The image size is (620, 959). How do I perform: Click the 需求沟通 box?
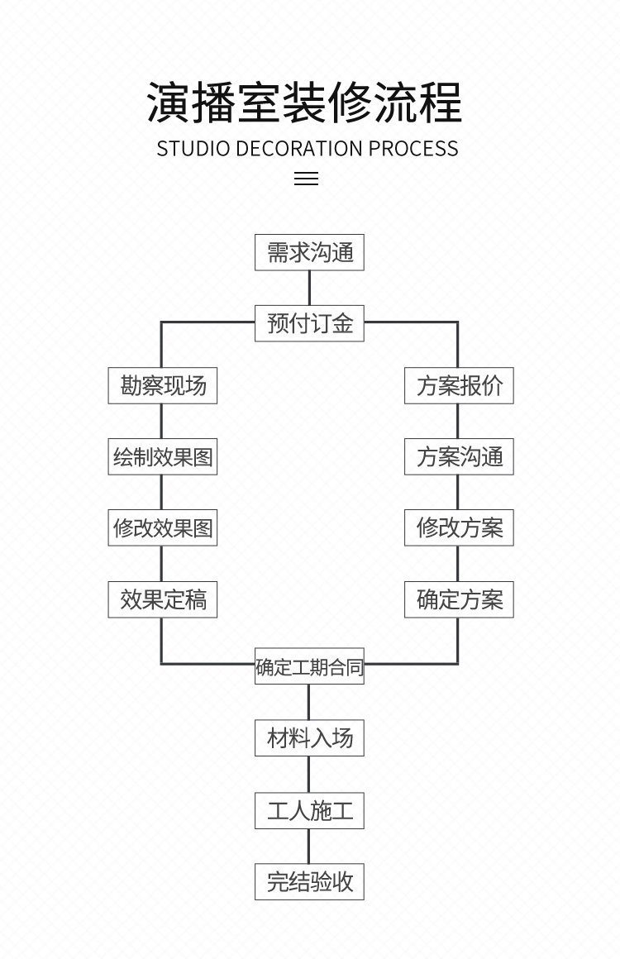point(309,252)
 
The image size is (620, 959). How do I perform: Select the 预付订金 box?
point(309,323)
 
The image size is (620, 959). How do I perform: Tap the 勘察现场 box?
point(162,385)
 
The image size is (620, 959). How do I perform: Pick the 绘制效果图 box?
point(162,456)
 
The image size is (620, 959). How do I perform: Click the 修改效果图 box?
point(162,527)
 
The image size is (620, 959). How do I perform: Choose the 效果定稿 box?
point(162,599)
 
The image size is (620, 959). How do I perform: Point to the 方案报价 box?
point(459,385)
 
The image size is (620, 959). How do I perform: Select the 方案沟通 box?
point(459,456)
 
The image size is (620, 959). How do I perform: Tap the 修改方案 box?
point(459,527)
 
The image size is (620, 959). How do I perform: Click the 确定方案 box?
point(459,599)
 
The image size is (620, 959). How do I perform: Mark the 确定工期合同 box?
point(309,667)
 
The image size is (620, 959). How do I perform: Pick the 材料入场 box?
point(309,737)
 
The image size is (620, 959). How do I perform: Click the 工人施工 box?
point(309,810)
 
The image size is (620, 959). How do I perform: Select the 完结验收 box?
point(309,881)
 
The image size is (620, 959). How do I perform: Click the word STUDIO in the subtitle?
point(193,149)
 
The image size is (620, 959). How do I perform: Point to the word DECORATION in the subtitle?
point(300,149)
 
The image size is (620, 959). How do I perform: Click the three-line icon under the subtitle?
point(306,178)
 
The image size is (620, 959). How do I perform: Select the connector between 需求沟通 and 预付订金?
point(309,288)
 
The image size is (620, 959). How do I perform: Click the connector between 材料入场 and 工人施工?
point(309,774)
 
